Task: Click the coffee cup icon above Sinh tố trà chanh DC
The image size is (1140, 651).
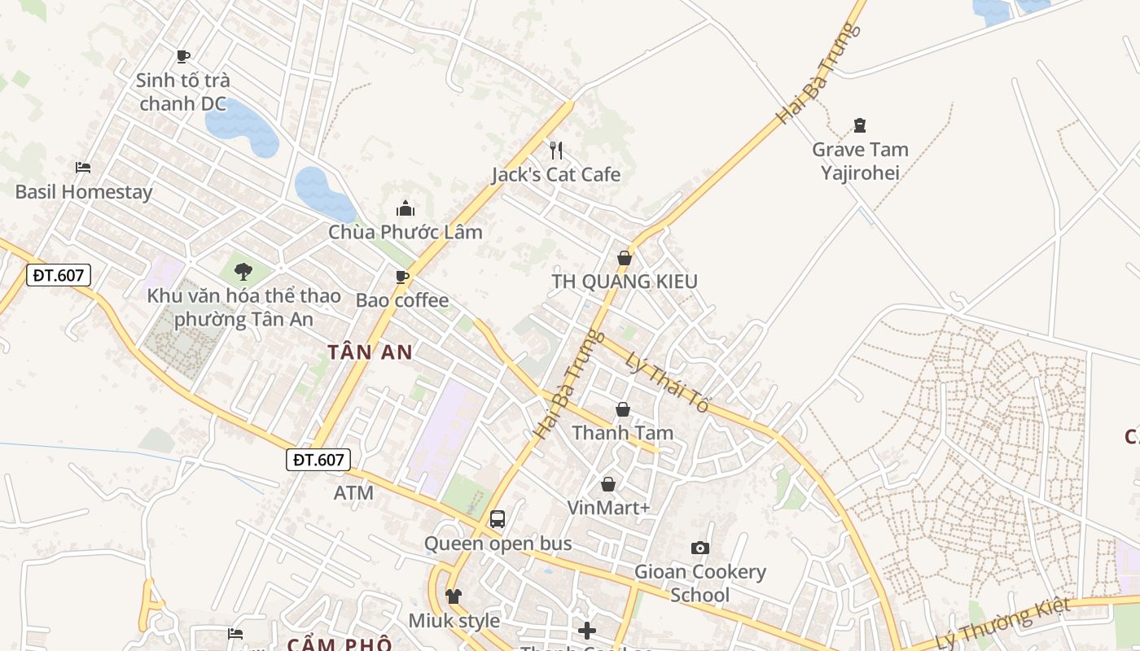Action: click(x=183, y=56)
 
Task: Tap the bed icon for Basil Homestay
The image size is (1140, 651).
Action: click(x=83, y=168)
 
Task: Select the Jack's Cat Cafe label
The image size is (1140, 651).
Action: click(x=555, y=174)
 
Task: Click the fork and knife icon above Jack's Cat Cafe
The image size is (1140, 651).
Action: click(x=556, y=150)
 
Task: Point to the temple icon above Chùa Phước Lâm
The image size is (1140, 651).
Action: click(x=405, y=208)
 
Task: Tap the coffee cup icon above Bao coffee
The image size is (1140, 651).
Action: click(x=402, y=277)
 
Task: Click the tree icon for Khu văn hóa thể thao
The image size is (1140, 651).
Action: click(x=243, y=272)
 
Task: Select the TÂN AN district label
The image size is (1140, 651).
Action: click(x=370, y=352)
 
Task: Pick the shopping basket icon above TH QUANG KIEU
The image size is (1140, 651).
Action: click(x=625, y=258)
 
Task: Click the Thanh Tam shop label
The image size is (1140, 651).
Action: click(x=623, y=432)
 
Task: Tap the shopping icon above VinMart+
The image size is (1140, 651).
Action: click(x=608, y=484)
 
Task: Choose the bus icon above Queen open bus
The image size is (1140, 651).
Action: click(x=498, y=518)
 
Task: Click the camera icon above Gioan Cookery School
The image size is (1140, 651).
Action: click(x=699, y=548)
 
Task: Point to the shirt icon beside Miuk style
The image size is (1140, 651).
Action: click(x=454, y=596)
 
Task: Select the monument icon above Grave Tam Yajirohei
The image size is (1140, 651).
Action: click(x=859, y=125)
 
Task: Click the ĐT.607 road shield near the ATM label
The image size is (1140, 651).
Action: click(x=318, y=460)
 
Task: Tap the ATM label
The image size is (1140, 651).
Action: click(x=353, y=492)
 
